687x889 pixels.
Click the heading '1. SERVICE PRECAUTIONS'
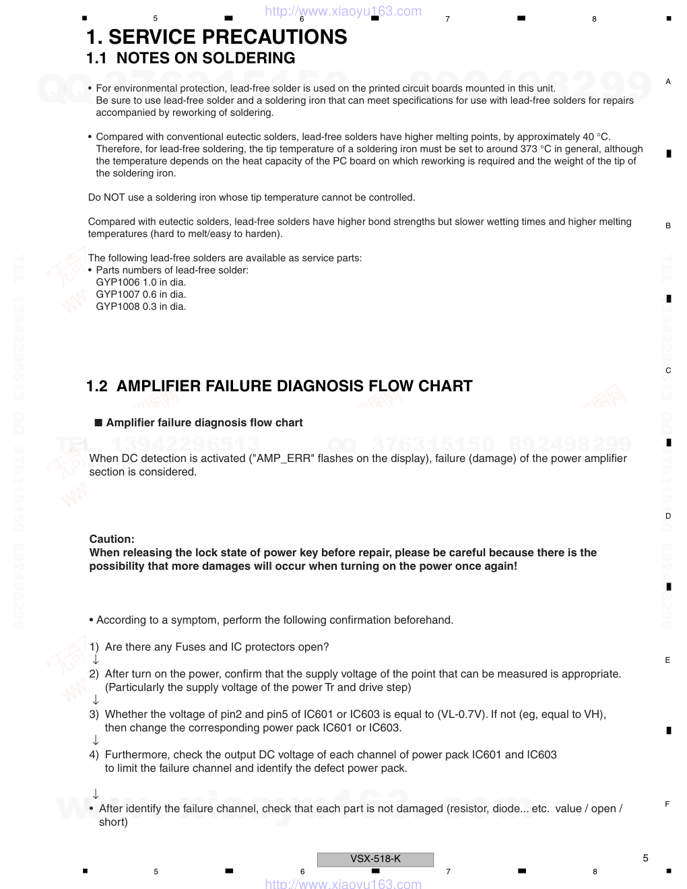216,37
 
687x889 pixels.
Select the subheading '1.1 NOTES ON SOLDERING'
191,59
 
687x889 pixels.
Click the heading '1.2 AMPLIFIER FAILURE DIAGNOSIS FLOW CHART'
280,386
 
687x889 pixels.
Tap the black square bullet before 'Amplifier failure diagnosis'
98,423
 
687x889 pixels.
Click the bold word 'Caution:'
112,539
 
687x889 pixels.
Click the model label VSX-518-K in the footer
375,859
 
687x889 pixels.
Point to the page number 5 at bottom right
645,858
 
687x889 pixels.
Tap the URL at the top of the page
343,11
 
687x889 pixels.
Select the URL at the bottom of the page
343,884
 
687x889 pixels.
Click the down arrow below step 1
96,659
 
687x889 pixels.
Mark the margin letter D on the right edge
668,516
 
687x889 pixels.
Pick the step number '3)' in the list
94,715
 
